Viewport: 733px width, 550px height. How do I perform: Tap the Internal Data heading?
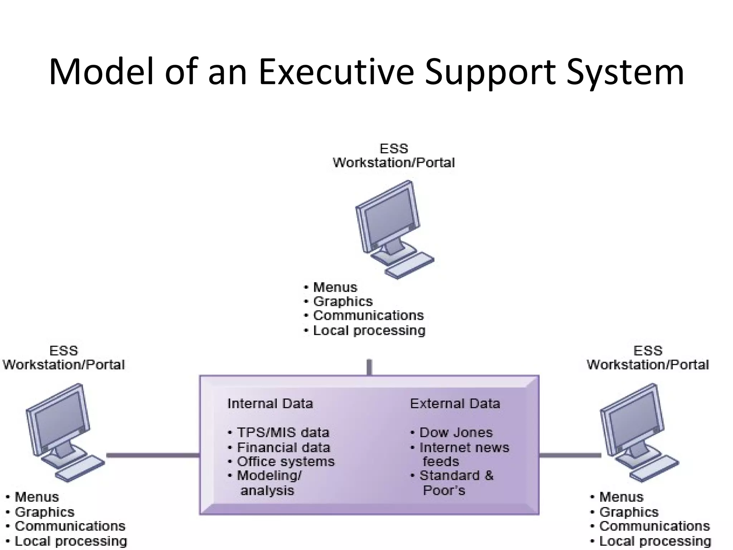click(270, 404)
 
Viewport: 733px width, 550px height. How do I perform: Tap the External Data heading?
click(455, 404)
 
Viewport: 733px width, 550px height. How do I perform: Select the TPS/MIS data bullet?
click(283, 433)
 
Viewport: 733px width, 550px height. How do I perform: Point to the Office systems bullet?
click(286, 462)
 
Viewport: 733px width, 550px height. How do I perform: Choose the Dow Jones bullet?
click(456, 433)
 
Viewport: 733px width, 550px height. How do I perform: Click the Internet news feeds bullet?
click(464, 454)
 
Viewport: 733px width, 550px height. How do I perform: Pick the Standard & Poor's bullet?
click(456, 482)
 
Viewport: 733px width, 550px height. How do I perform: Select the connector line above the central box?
click(369, 367)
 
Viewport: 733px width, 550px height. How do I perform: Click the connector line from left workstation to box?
click(153, 455)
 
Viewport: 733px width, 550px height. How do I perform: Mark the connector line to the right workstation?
click(570, 455)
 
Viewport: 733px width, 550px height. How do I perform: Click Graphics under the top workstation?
click(343, 301)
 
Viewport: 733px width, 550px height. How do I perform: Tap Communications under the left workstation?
click(70, 526)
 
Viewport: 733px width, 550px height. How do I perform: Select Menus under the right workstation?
click(621, 497)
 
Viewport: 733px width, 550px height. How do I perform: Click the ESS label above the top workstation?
click(394, 149)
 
